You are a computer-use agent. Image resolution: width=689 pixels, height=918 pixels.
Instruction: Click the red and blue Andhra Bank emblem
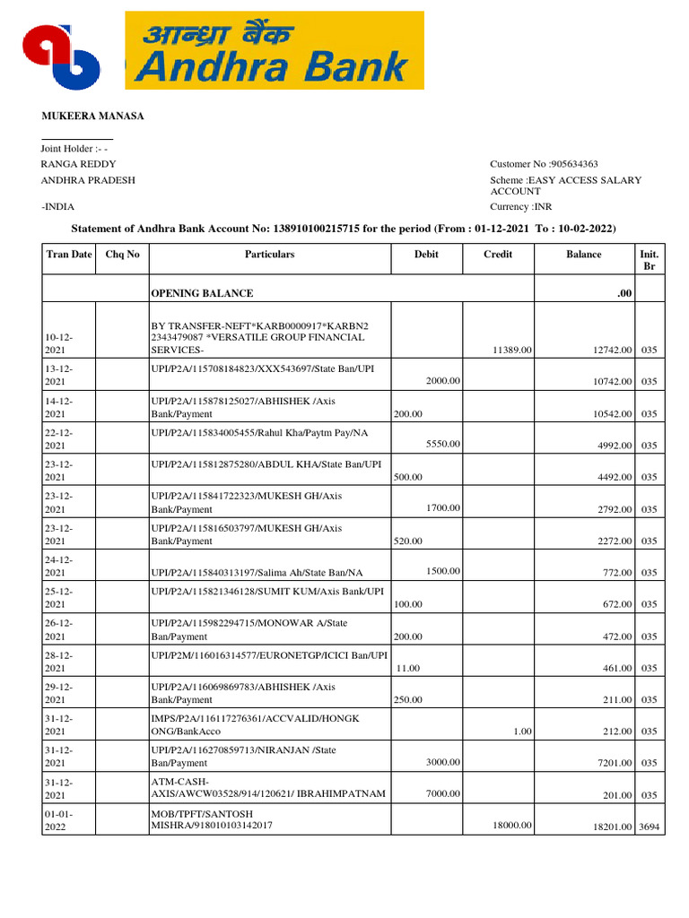click(64, 57)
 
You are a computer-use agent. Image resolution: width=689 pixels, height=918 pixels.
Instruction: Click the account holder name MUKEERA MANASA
click(93, 117)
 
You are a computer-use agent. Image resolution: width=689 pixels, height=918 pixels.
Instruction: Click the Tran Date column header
click(69, 255)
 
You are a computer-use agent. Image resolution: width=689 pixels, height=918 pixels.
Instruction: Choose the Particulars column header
click(269, 255)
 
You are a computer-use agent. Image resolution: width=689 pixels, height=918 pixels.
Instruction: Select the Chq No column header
click(123, 255)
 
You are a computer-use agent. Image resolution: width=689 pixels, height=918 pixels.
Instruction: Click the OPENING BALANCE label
click(202, 293)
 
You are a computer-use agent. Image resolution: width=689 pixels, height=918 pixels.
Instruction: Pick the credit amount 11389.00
click(513, 350)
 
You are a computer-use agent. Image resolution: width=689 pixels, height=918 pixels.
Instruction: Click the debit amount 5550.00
click(443, 444)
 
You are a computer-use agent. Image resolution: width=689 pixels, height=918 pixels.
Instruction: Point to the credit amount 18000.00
click(513, 825)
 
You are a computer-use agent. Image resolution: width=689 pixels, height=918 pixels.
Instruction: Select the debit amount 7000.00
click(443, 793)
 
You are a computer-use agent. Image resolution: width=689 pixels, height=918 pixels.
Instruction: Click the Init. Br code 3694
click(650, 827)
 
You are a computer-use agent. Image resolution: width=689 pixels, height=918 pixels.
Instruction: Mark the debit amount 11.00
click(408, 668)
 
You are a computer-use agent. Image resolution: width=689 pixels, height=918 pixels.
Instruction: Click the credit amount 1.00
click(523, 732)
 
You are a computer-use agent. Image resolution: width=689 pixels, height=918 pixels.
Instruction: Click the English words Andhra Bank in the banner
click(273, 68)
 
